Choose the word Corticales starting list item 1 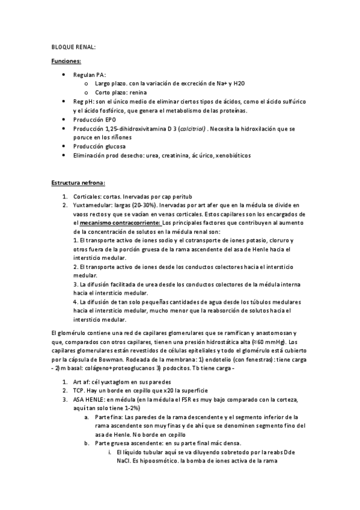click(x=88, y=196)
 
